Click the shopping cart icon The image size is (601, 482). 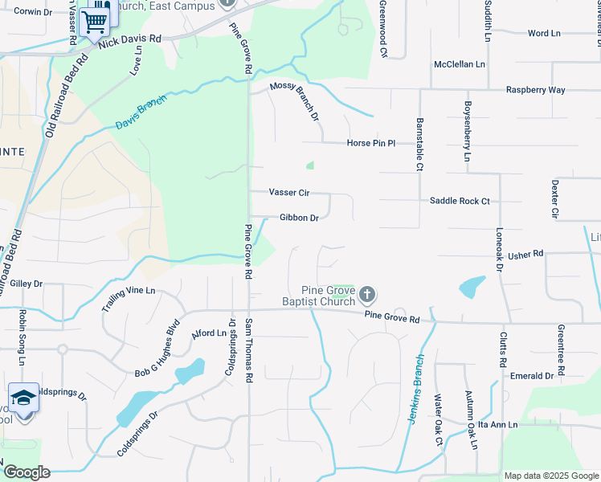(x=95, y=21)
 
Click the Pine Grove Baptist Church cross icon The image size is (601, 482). (x=366, y=295)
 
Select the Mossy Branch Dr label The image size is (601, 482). (x=295, y=101)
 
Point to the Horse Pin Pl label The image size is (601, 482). (x=371, y=144)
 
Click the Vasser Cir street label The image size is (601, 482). (x=289, y=193)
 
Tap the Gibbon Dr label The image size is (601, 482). (x=299, y=218)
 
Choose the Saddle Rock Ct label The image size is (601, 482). (x=460, y=201)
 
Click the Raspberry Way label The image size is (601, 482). (x=535, y=90)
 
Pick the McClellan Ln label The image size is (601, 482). (x=460, y=63)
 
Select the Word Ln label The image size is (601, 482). (x=544, y=34)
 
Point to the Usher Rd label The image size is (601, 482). (x=525, y=254)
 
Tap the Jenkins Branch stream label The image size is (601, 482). (x=415, y=390)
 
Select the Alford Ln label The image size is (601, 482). (x=210, y=333)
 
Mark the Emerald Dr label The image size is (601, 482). (x=532, y=375)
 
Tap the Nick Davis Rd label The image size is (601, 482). (x=130, y=40)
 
